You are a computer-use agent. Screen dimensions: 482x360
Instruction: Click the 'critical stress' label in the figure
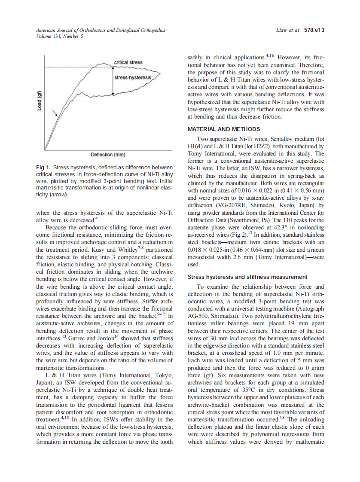(128, 63)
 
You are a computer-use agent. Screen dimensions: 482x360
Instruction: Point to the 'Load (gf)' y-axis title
(39, 101)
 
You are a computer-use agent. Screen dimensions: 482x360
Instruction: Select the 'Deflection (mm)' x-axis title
(108, 155)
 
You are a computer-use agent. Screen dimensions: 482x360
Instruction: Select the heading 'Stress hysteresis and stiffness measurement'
(247, 277)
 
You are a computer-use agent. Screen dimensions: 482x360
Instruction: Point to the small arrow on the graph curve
(55, 113)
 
